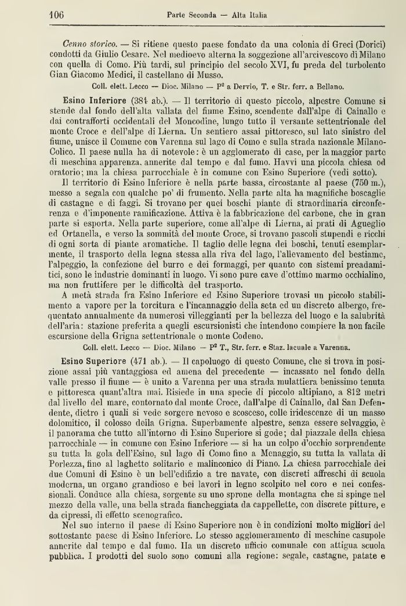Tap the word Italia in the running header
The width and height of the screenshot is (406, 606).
(255, 15)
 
